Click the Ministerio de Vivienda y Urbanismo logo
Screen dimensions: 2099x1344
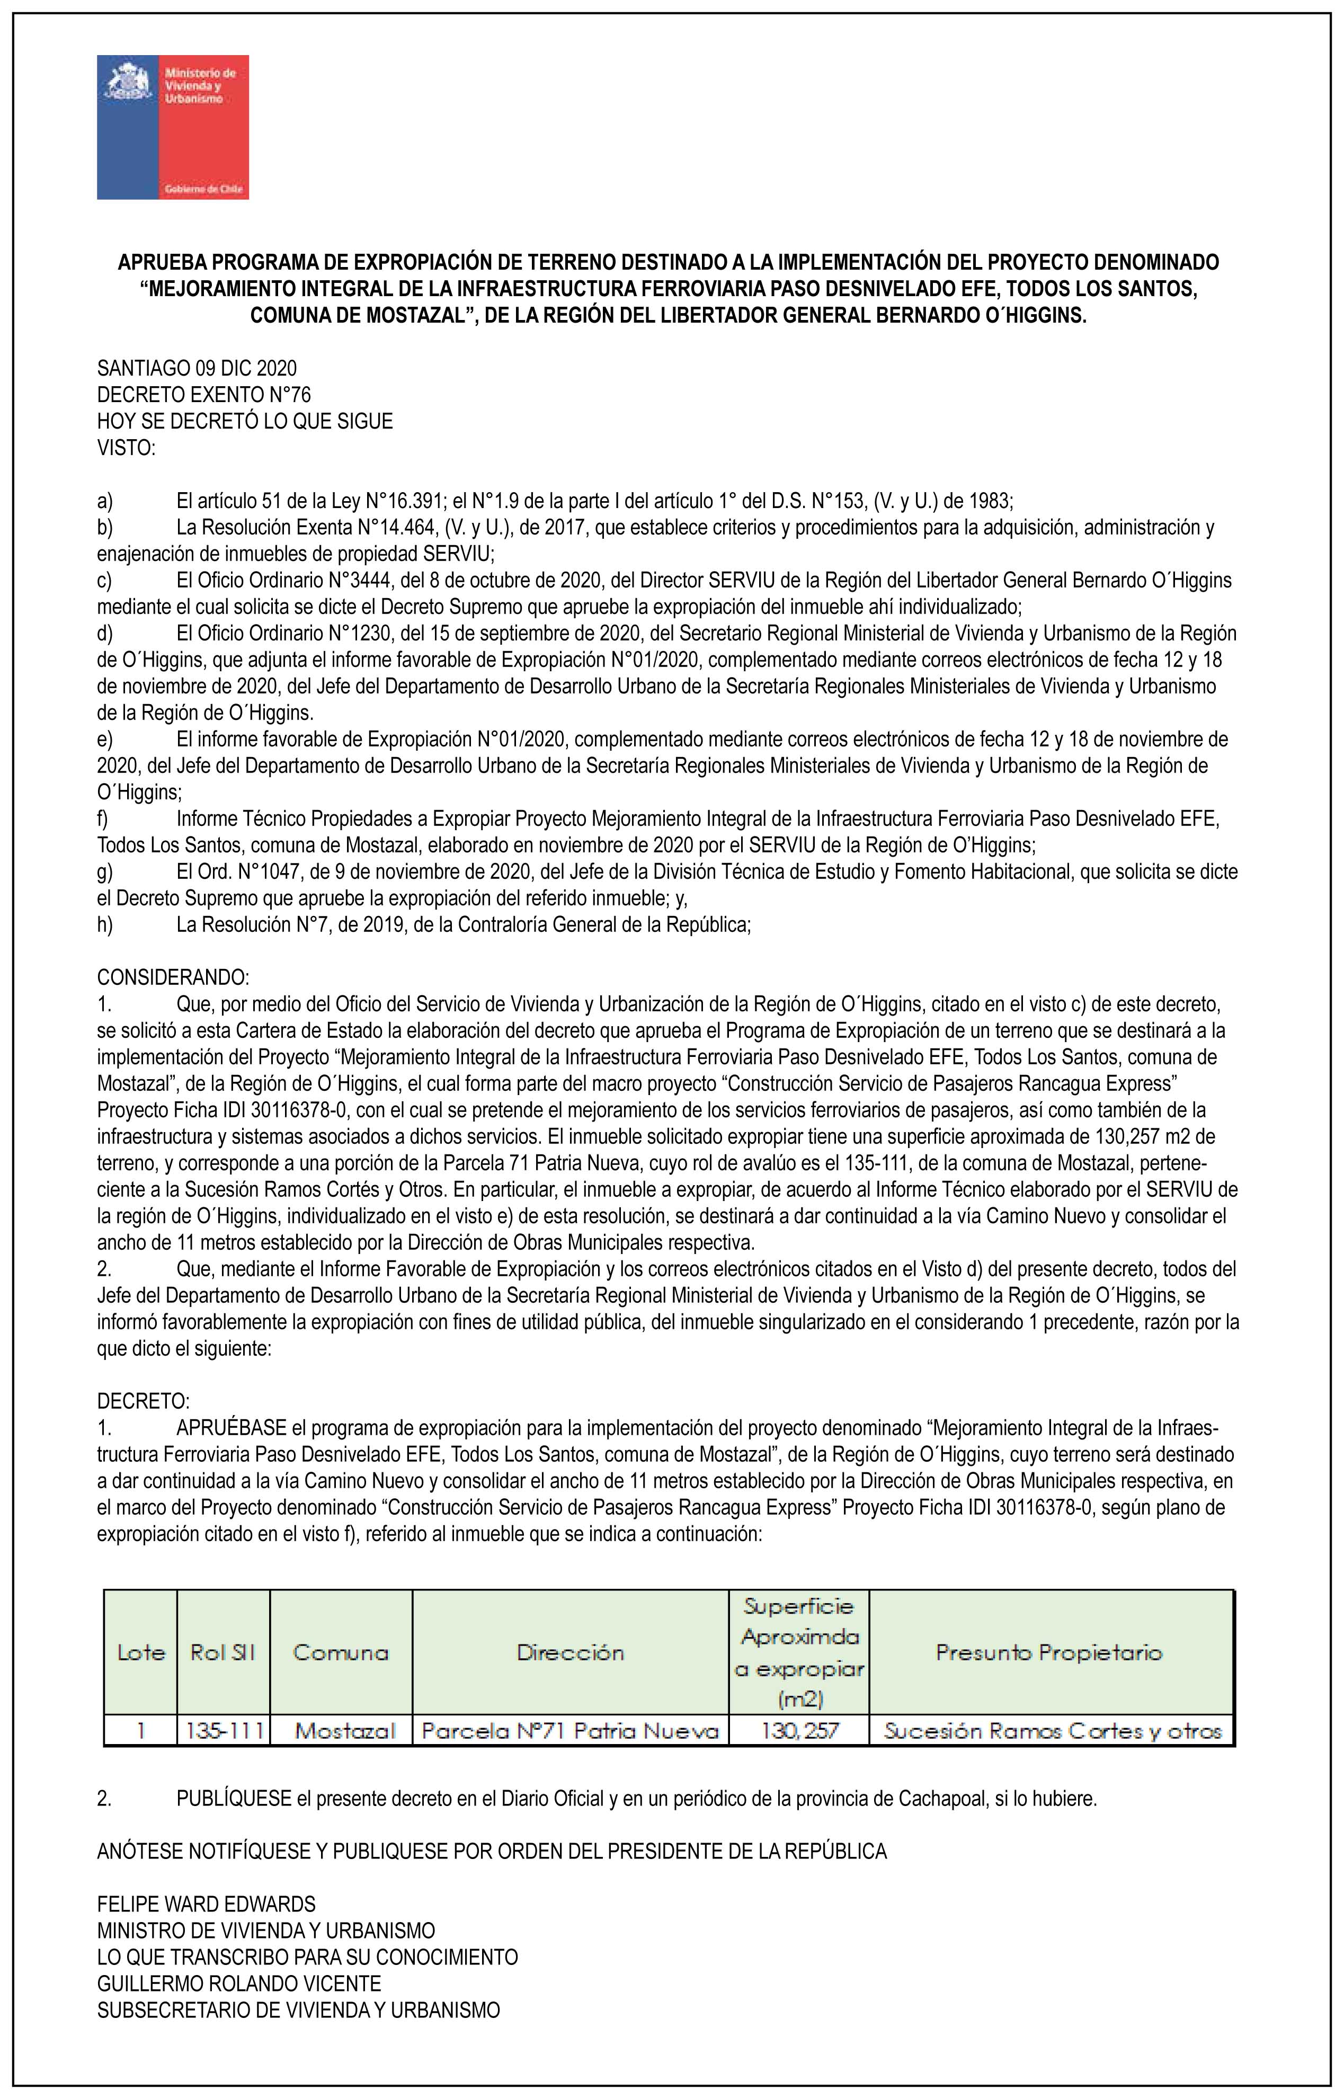(x=173, y=128)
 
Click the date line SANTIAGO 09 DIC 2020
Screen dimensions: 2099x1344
(x=197, y=369)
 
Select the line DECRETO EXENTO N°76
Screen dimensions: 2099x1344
(x=203, y=395)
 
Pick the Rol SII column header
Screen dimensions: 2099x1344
(x=224, y=1652)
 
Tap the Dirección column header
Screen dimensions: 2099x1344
(x=571, y=1652)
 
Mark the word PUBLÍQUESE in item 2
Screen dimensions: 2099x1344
(x=233, y=1799)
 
